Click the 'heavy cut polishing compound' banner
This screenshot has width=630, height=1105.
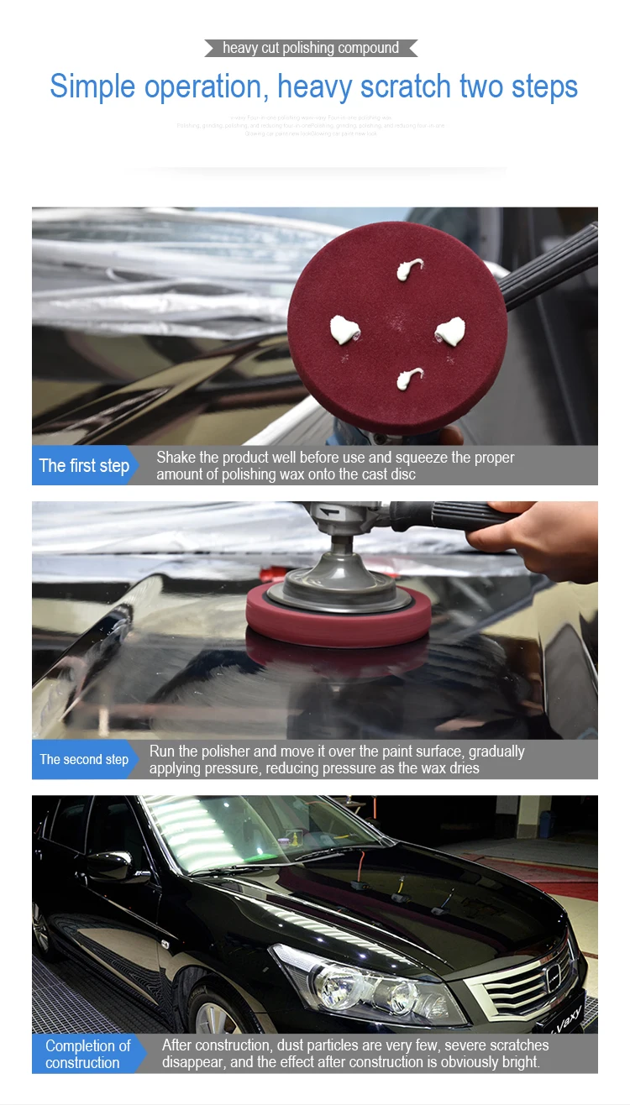coord(311,48)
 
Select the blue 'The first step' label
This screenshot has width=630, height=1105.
coord(84,466)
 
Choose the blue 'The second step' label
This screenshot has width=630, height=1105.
coord(84,759)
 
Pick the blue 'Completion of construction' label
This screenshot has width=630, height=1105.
coord(87,1054)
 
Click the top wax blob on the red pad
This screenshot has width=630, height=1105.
coord(409,270)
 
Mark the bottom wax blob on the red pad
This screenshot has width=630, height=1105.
coord(409,378)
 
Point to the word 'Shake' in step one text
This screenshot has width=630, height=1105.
coord(176,458)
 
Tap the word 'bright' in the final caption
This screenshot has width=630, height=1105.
coord(517,1062)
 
